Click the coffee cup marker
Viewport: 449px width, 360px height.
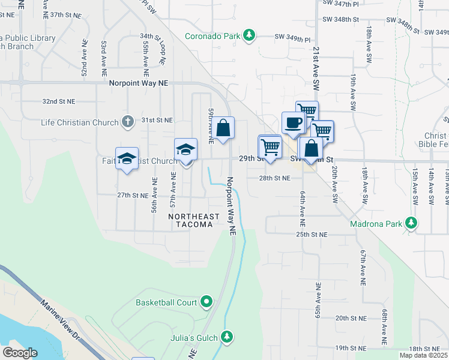click(294, 122)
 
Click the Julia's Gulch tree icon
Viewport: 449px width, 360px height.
click(226, 337)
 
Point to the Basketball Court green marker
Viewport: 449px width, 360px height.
click(206, 302)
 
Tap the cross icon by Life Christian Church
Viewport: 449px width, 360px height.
click(127, 122)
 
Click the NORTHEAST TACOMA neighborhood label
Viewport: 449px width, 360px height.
click(190, 220)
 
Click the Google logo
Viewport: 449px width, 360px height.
click(20, 353)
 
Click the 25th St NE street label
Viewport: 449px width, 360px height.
click(312, 234)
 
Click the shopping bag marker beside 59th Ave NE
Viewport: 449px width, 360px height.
click(223, 128)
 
